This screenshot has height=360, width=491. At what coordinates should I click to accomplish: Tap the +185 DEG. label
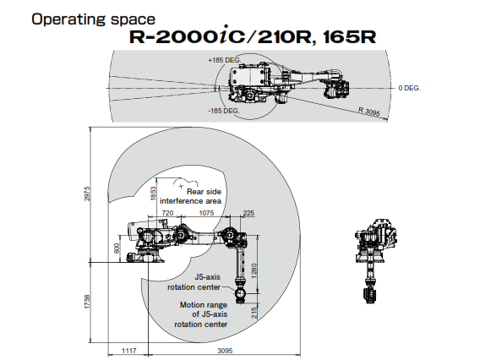[x=223, y=61]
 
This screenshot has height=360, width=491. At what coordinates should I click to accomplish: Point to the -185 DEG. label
[x=223, y=111]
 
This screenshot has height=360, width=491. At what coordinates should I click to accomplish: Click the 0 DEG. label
[x=409, y=87]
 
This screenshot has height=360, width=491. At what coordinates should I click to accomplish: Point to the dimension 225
[x=248, y=213]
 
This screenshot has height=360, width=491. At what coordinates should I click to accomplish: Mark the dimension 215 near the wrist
[x=254, y=313]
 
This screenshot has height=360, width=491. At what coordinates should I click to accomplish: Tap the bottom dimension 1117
[x=128, y=349]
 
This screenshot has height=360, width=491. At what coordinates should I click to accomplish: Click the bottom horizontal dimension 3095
[x=223, y=349]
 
